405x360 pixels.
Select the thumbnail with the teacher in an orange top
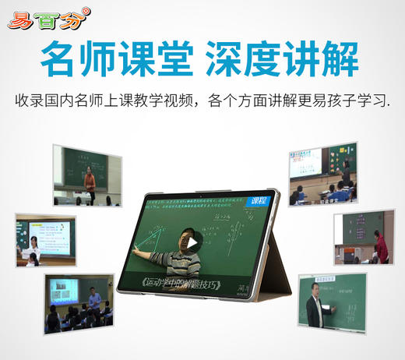[x=87, y=175]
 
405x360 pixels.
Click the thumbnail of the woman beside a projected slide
[x=44, y=240]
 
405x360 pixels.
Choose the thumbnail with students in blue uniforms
[x=323, y=173]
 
